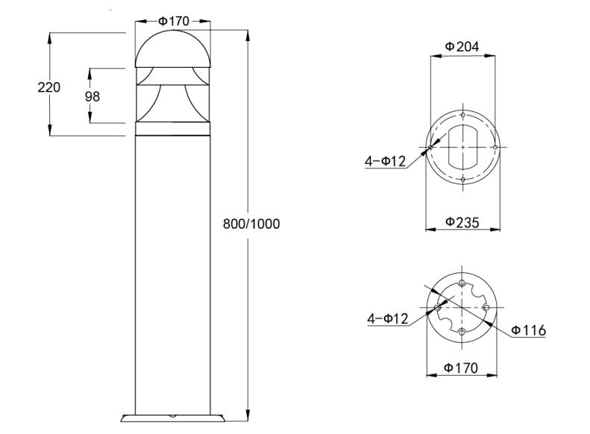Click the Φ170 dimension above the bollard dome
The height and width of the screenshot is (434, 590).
click(174, 20)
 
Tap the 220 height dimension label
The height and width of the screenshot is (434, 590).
click(49, 87)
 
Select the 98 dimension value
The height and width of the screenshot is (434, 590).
click(92, 96)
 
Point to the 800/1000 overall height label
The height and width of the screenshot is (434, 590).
click(252, 224)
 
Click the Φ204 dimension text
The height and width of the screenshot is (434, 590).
click(462, 46)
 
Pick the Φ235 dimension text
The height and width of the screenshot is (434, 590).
click(462, 221)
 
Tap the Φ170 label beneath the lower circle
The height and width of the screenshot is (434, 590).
click(462, 368)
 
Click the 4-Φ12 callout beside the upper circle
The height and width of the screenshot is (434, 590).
click(386, 162)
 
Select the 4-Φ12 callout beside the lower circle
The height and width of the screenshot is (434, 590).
click(387, 319)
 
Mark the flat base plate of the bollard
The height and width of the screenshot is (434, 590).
click(173, 418)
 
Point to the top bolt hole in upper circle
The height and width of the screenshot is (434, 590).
click(463, 116)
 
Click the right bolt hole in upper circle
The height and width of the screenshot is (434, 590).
click(495, 147)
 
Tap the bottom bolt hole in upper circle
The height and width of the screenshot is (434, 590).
click(463, 180)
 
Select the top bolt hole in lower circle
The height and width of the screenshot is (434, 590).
click(462, 283)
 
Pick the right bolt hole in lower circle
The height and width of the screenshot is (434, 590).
click(486, 307)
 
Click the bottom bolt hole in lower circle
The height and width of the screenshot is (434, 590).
click(462, 331)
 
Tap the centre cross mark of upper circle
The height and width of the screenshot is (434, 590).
click(463, 148)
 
